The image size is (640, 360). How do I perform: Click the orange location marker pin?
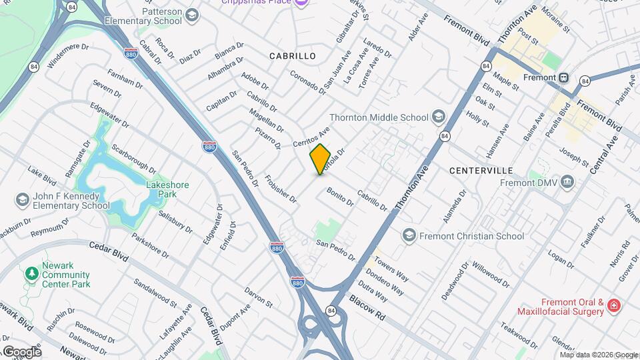click(x=320, y=159)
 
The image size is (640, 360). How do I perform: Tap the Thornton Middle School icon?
click(x=438, y=117)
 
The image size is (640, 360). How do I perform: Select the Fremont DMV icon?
click(x=567, y=181)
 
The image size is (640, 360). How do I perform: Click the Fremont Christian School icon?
click(x=408, y=235)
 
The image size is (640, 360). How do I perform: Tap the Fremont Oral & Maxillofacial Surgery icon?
click(x=613, y=307)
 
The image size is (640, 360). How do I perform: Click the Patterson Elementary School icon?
click(x=192, y=15)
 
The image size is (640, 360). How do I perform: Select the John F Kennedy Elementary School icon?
click(x=23, y=200)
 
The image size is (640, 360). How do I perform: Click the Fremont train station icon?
click(x=564, y=77)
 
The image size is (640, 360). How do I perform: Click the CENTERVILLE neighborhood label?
click(x=481, y=171)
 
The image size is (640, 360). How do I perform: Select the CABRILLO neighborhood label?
click(x=292, y=56)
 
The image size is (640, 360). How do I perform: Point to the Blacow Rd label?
click(x=367, y=308)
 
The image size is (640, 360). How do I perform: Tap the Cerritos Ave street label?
click(x=311, y=137)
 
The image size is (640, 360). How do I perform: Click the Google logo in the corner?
click(x=21, y=351)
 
